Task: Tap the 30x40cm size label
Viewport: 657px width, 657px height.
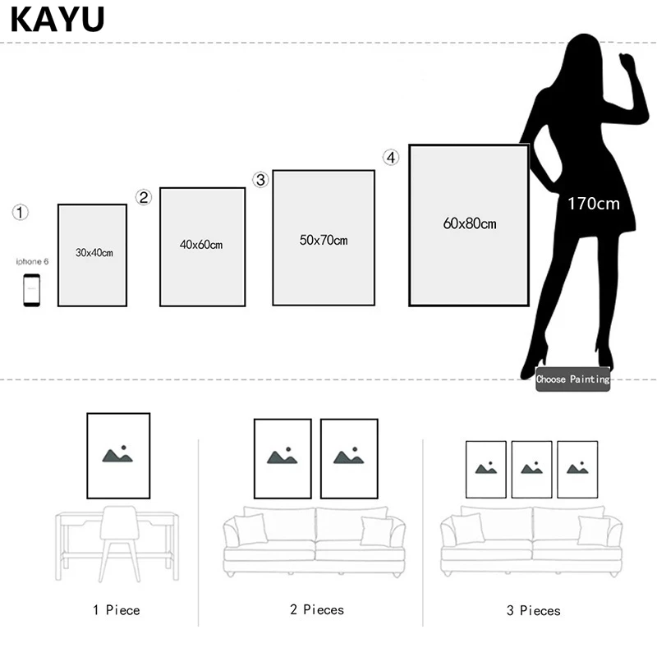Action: pos(94,253)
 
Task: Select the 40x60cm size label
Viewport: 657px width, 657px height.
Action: pos(201,245)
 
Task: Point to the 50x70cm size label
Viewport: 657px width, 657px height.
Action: pos(324,240)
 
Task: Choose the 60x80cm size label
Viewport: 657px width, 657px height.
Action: pos(470,223)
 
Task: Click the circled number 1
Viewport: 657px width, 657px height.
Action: pos(21,213)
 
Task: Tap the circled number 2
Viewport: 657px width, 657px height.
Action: pos(144,197)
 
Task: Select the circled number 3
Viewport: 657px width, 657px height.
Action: pos(261,180)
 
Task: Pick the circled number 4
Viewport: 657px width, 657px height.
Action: pos(391,157)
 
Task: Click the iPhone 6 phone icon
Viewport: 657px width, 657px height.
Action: pos(31,290)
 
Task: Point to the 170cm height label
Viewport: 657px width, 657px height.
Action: pos(594,203)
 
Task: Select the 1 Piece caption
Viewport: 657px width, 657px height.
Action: pos(117,610)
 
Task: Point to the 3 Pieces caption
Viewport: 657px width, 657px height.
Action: pos(533,611)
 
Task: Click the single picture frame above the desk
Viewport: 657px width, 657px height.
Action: pos(118,456)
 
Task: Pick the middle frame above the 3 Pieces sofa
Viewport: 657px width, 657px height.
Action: pos(532,469)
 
